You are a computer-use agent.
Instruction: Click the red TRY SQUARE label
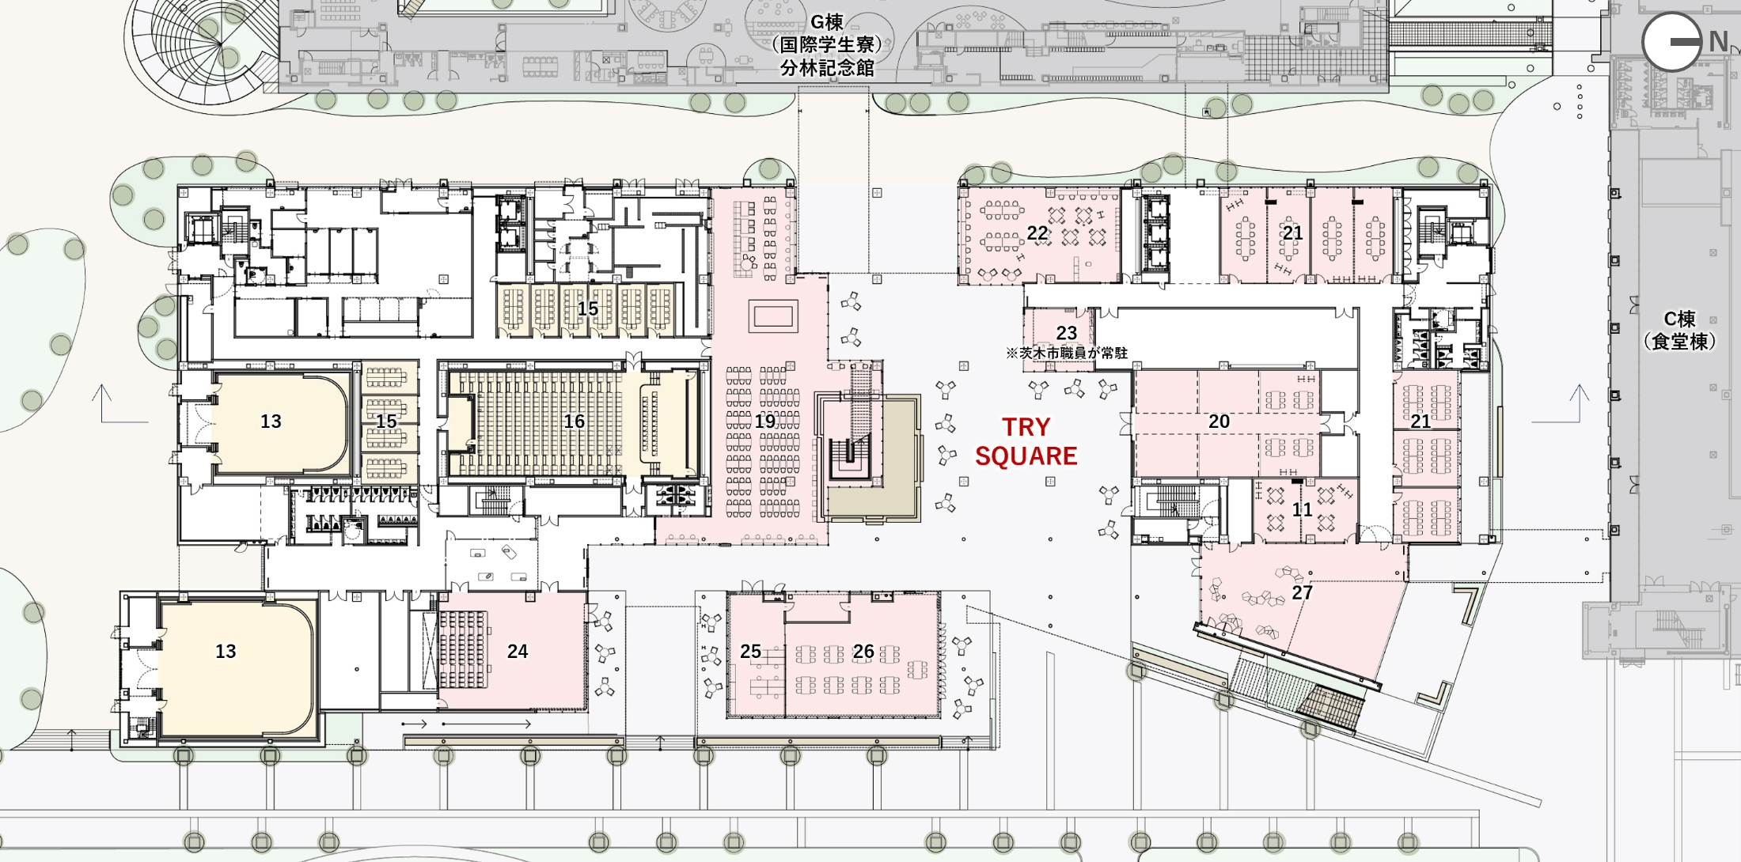(x=1026, y=441)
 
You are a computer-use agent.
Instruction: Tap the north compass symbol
(x=1671, y=41)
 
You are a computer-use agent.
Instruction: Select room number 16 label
(x=574, y=422)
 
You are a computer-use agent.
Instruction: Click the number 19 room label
(x=764, y=422)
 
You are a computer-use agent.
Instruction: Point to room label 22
(x=1037, y=233)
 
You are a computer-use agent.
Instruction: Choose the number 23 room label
(x=1067, y=333)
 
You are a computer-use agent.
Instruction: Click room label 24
(x=518, y=651)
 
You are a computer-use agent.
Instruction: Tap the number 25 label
(x=750, y=652)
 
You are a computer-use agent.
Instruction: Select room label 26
(x=863, y=652)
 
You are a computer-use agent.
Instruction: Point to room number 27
(x=1303, y=592)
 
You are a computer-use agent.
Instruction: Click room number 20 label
(x=1219, y=422)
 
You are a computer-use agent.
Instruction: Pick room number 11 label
(x=1303, y=510)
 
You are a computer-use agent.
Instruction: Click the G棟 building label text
(x=827, y=22)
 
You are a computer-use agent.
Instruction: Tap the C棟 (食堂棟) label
(x=1679, y=330)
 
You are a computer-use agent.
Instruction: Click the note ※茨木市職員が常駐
(x=1067, y=353)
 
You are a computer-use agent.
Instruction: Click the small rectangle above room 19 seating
(x=773, y=316)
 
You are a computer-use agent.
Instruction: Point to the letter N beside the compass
(x=1717, y=41)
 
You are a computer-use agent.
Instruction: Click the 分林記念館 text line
(x=827, y=68)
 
